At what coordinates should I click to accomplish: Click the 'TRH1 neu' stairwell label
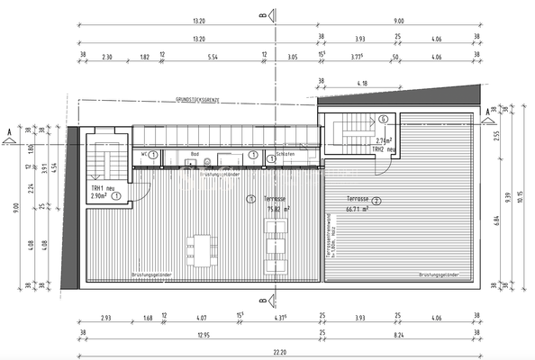(x=101, y=188)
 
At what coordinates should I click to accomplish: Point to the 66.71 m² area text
(x=358, y=209)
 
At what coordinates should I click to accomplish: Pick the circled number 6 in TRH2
(x=383, y=119)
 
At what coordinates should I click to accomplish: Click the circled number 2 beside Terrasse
(x=376, y=201)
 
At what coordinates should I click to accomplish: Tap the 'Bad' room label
(x=195, y=154)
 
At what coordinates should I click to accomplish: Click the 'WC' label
(x=143, y=154)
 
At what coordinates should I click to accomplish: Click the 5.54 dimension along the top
(x=213, y=57)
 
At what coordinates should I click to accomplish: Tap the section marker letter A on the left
(x=9, y=131)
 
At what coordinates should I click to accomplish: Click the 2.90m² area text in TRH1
(x=99, y=195)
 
